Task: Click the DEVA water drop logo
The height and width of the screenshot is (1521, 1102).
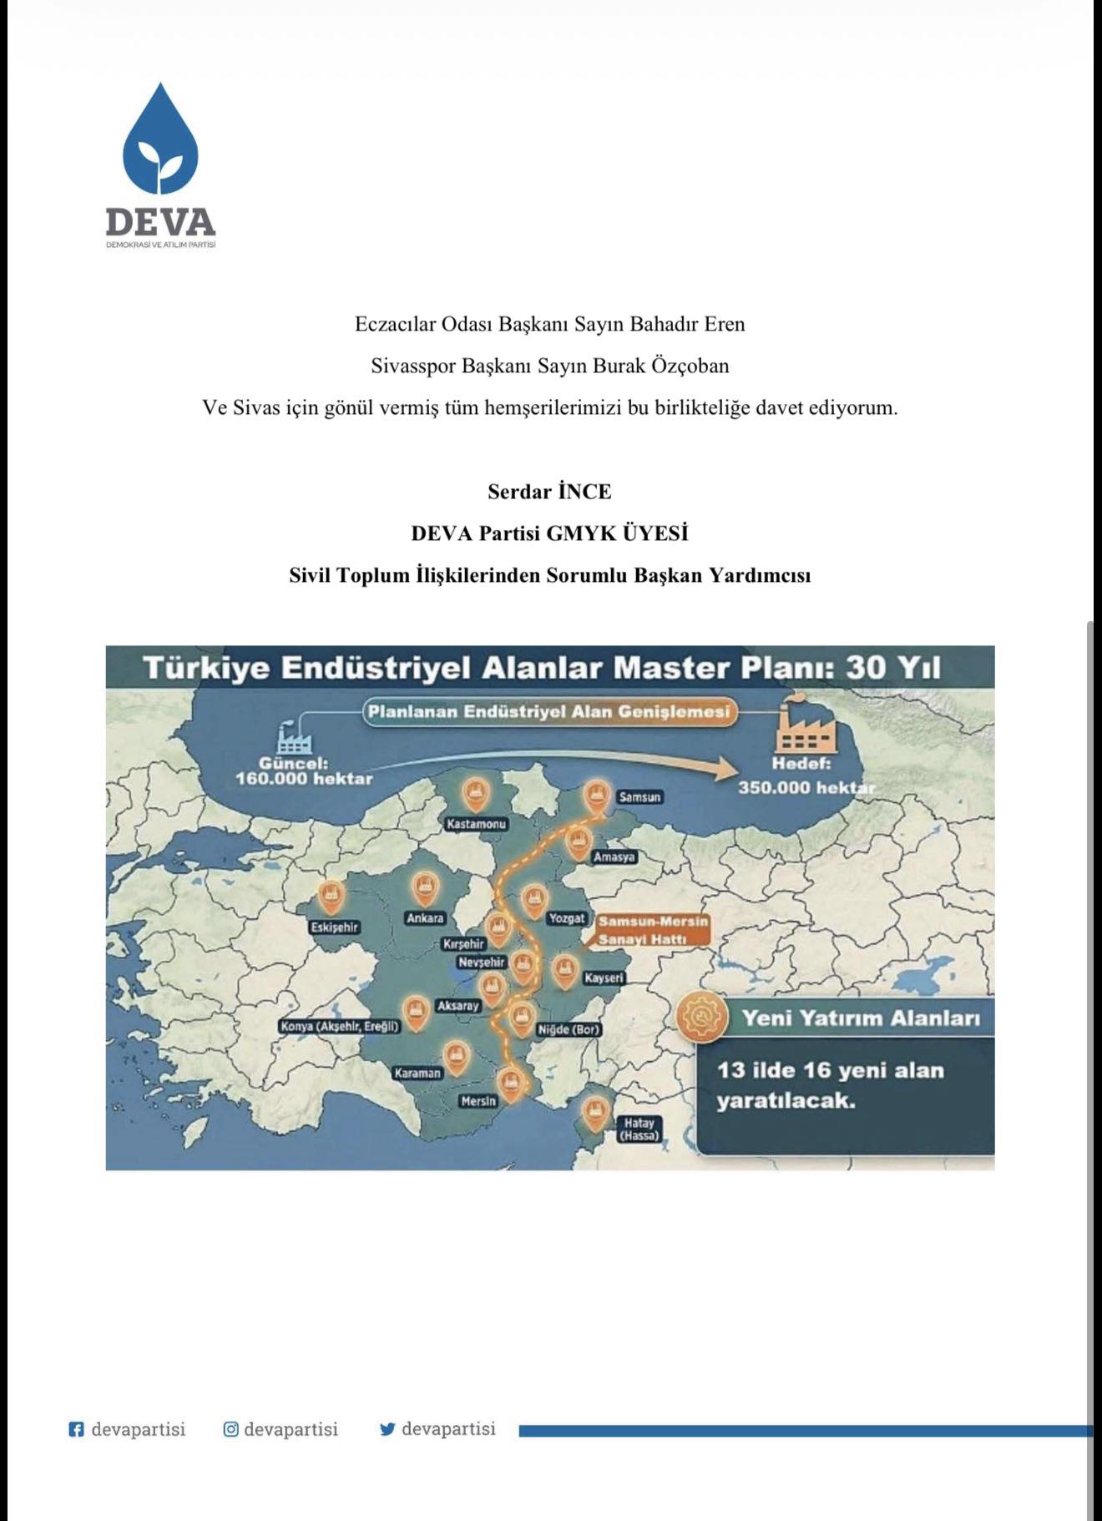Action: pyautogui.click(x=160, y=139)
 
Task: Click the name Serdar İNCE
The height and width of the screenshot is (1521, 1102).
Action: pyautogui.click(x=549, y=492)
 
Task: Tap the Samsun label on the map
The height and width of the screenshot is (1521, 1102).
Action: pyautogui.click(x=639, y=797)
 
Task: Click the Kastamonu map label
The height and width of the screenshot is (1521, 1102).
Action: pyautogui.click(x=476, y=824)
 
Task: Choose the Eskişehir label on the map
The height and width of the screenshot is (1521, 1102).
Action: pyautogui.click(x=334, y=927)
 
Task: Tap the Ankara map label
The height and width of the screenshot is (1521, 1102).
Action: pyautogui.click(x=425, y=918)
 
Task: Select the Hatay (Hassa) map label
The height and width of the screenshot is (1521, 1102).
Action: pyautogui.click(x=639, y=1129)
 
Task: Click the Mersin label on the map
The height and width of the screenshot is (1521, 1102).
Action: pyautogui.click(x=478, y=1101)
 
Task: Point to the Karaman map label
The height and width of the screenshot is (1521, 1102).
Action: pyautogui.click(x=417, y=1073)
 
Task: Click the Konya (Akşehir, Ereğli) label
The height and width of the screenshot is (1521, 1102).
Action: pyautogui.click(x=340, y=1026)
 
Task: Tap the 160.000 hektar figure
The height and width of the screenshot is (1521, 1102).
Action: pyautogui.click(x=304, y=779)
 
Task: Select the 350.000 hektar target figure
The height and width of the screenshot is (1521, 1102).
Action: pyautogui.click(x=806, y=787)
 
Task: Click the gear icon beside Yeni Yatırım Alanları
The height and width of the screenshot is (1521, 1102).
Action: pyautogui.click(x=699, y=1018)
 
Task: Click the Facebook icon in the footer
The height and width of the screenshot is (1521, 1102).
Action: pyautogui.click(x=76, y=1430)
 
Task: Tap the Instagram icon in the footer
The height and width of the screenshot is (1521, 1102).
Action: pyautogui.click(x=231, y=1429)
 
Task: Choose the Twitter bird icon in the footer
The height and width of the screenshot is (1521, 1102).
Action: pyautogui.click(x=387, y=1429)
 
